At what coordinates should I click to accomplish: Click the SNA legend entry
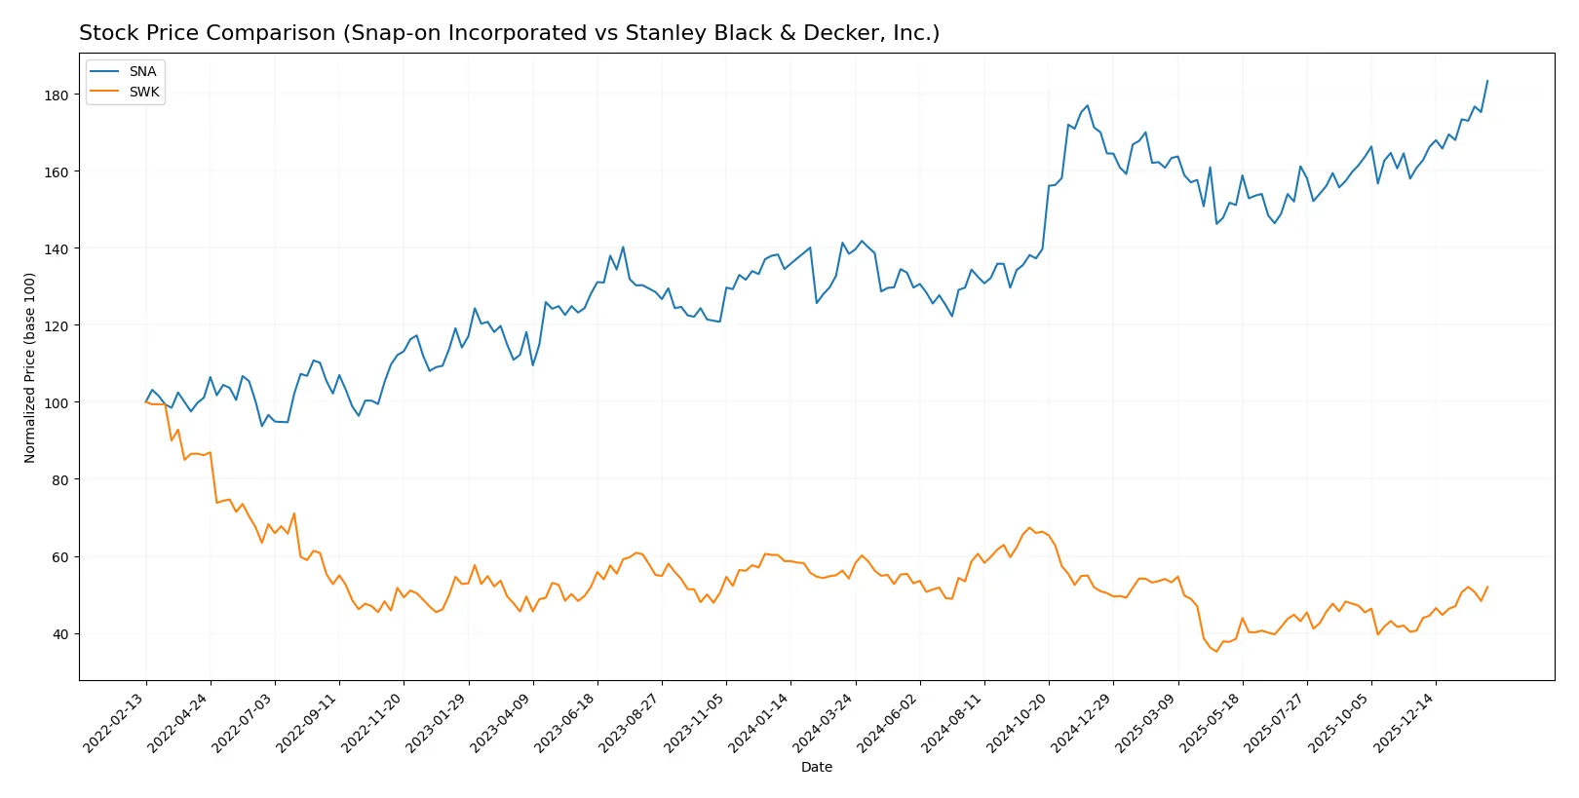coord(142,71)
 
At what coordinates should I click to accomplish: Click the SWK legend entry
coord(143,92)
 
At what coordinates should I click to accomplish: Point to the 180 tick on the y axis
coord(57,95)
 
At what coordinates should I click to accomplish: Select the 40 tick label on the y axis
coord(60,634)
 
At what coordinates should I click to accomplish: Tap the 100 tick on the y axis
coord(57,402)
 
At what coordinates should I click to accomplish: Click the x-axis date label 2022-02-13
coord(115,723)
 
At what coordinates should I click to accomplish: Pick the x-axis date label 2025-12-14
coord(1405,723)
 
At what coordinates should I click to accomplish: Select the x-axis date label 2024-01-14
coord(759,723)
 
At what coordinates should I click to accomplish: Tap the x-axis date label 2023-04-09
coord(502,723)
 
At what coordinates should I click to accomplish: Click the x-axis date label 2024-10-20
coord(1018,723)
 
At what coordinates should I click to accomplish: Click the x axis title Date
coord(816,767)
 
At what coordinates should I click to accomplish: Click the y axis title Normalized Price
coord(30,367)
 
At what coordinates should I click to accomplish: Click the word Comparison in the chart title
coord(275,33)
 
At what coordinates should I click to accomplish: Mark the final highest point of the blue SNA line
coord(1487,81)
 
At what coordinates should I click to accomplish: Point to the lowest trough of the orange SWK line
coord(1216,651)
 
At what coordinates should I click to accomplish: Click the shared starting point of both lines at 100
coord(146,401)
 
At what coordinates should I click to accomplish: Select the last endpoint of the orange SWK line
coord(1487,587)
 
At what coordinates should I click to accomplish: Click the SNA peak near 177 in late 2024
coord(1088,106)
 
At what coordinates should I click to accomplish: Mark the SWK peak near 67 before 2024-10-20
coord(1029,528)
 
